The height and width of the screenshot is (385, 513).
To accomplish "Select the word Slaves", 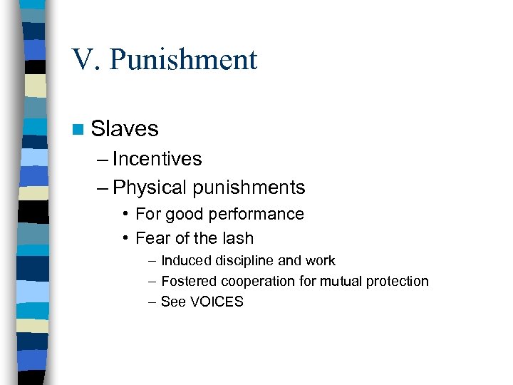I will click(x=125, y=129).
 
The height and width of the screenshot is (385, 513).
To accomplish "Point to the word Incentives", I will click(x=157, y=159).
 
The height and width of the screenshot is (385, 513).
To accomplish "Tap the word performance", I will click(x=260, y=215).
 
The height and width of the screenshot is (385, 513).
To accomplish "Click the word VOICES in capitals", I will click(x=216, y=302).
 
